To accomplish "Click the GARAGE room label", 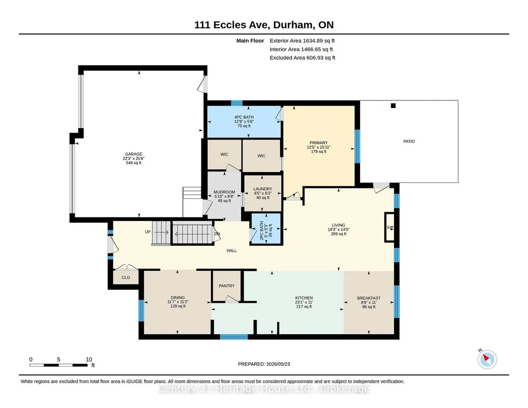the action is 134,154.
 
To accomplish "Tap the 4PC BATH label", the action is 244,117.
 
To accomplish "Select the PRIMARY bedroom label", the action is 318,143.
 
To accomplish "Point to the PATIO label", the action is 409,141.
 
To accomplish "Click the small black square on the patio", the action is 393,106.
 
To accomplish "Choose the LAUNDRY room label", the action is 263,189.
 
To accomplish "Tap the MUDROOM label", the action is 224,192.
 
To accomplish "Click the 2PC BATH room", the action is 266,228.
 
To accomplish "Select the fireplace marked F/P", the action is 390,227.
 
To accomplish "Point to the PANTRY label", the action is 227,286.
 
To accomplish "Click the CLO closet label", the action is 126,278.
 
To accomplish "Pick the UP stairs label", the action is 148,232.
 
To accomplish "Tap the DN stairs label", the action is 217,234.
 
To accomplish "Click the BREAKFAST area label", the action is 369,298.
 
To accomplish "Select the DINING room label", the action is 178,298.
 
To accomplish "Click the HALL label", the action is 232,250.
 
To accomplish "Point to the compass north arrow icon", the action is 487,359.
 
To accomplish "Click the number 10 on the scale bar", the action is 89,360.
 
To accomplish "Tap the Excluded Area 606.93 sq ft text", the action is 302,58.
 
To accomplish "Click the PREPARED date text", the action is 264,364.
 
